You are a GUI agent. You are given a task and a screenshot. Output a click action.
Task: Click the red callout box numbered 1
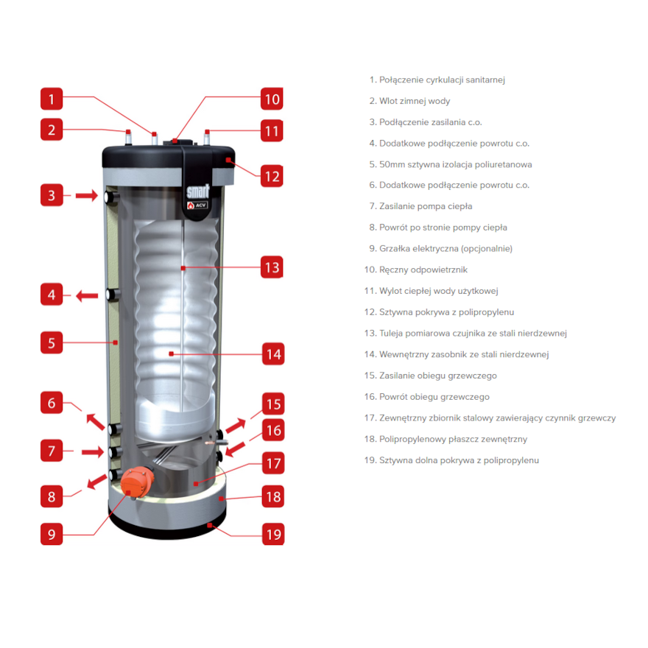[52, 99]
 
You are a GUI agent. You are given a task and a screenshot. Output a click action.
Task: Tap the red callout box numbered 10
[272, 99]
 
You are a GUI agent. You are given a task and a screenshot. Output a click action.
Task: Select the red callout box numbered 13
[272, 267]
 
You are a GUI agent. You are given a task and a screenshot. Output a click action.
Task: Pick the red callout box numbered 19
[273, 534]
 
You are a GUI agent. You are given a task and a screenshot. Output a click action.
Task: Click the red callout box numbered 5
[52, 342]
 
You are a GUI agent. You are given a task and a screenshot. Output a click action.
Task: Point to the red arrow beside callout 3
[87, 195]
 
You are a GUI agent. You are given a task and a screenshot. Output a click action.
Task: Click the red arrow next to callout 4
[87, 295]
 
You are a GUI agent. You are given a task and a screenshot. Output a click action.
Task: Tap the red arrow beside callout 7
[93, 451]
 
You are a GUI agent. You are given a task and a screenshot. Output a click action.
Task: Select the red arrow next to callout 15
[236, 426]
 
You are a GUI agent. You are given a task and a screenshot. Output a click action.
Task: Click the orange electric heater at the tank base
[137, 482]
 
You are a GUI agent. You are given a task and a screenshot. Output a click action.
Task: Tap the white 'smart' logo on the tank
[198, 191]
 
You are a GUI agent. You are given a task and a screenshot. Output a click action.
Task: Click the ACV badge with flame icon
[197, 205]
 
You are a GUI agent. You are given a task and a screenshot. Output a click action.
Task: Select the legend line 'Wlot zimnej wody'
[409, 101]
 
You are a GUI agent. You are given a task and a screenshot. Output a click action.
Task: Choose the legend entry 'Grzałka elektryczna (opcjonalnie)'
[440, 248]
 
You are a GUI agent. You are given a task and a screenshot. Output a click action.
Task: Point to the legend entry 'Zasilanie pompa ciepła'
[420, 206]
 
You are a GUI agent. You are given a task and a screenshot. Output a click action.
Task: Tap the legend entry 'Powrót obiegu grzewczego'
[427, 397]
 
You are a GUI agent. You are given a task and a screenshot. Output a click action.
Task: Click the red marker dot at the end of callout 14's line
[171, 353]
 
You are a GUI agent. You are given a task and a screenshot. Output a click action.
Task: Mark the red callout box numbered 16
[273, 430]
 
